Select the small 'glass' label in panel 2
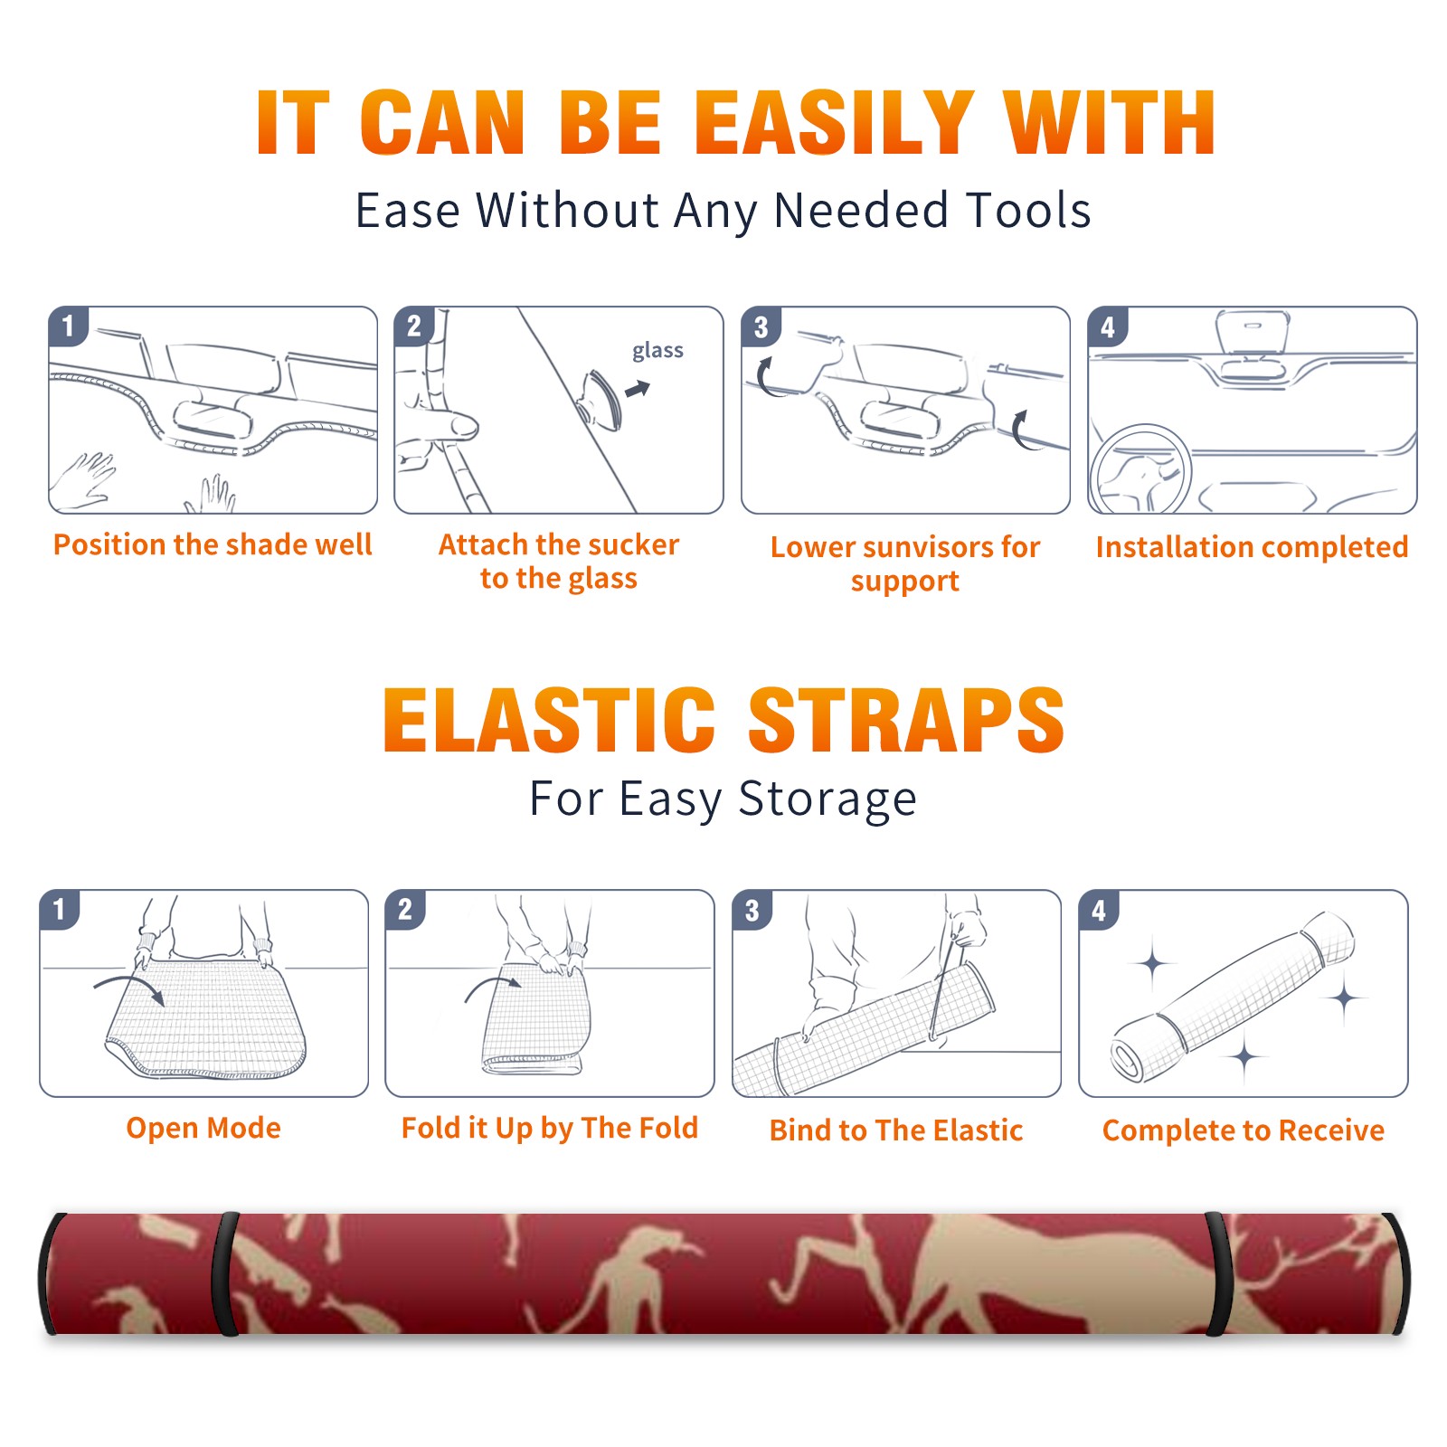(657, 351)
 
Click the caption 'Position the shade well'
(213, 544)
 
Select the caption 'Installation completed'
(1252, 547)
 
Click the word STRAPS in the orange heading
(906, 720)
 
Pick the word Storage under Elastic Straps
(828, 799)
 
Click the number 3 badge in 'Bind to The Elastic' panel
(752, 910)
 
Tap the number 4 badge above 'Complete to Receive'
(1099, 910)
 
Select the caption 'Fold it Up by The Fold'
(550, 1129)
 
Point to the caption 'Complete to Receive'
(1244, 1130)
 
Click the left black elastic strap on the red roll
(225, 1274)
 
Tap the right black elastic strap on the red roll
(1218, 1274)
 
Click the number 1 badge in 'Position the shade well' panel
(69, 326)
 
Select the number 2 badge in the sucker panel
(414, 326)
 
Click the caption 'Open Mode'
(203, 1128)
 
